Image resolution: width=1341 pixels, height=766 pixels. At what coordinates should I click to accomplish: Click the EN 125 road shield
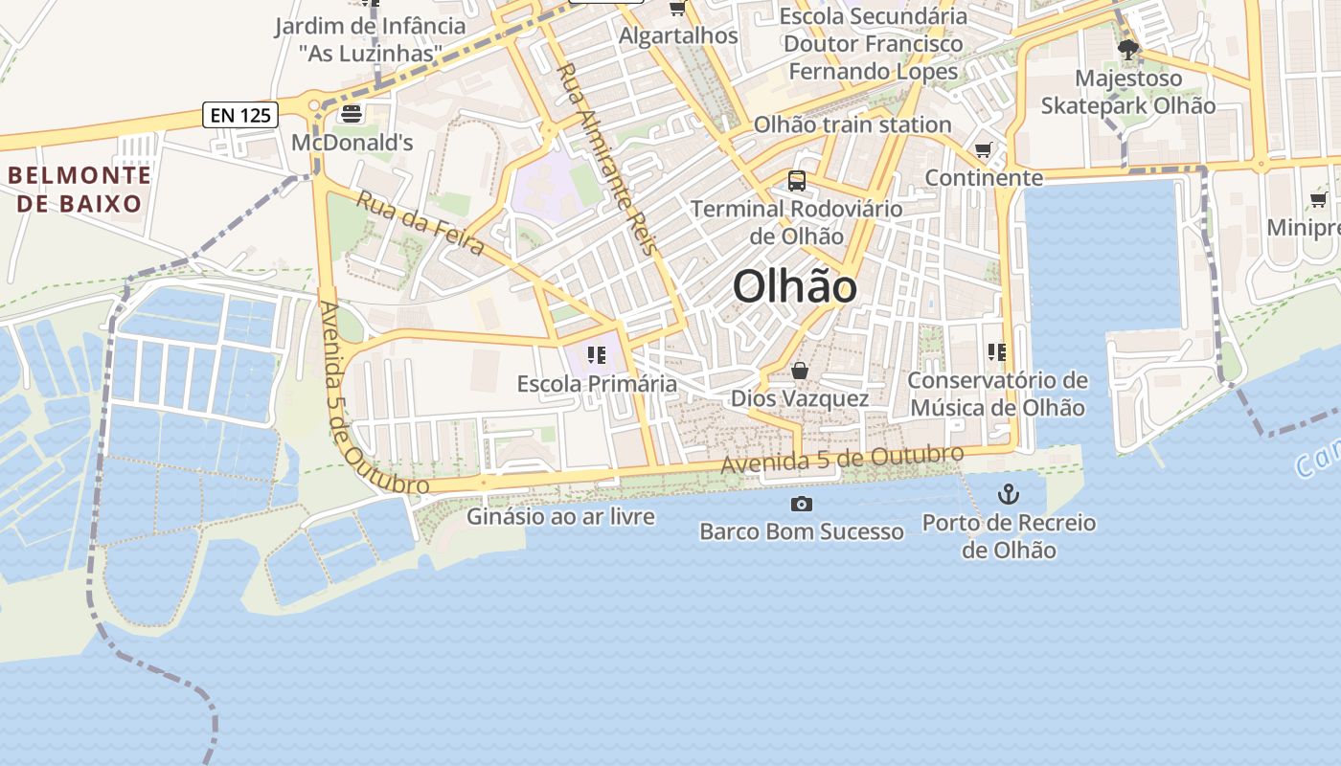pyautogui.click(x=240, y=116)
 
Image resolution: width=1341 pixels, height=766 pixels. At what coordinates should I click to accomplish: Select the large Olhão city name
pyautogui.click(x=794, y=286)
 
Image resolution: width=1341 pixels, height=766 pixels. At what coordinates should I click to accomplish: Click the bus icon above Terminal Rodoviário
pyautogui.click(x=797, y=180)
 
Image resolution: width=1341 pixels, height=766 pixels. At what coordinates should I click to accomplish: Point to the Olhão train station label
pyautogui.click(x=852, y=124)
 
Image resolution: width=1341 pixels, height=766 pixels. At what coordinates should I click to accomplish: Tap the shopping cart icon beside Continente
pyautogui.click(x=983, y=149)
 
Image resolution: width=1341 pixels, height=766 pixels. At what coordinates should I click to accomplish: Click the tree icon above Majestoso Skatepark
pyautogui.click(x=1128, y=49)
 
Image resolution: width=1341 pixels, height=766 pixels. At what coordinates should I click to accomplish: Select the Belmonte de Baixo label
pyautogui.click(x=79, y=189)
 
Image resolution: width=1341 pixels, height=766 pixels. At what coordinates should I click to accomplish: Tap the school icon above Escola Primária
pyautogui.click(x=597, y=356)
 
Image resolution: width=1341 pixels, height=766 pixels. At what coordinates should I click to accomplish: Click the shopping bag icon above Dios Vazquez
pyautogui.click(x=800, y=371)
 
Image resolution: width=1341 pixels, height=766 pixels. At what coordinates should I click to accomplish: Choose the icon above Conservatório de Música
pyautogui.click(x=997, y=352)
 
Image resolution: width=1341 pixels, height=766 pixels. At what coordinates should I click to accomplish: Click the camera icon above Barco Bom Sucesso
pyautogui.click(x=802, y=504)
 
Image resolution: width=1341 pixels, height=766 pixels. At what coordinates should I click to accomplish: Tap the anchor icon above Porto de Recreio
pyautogui.click(x=1008, y=494)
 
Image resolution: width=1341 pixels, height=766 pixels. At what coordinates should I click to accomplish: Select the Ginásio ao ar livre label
pyautogui.click(x=560, y=517)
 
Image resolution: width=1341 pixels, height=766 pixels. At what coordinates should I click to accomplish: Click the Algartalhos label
pyautogui.click(x=678, y=35)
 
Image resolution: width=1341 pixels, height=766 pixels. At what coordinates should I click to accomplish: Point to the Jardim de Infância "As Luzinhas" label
pyautogui.click(x=370, y=39)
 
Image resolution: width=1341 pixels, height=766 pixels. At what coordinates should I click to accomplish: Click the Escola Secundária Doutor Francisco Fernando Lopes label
pyautogui.click(x=873, y=43)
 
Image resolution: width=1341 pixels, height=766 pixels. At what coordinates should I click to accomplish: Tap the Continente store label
pyautogui.click(x=984, y=177)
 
